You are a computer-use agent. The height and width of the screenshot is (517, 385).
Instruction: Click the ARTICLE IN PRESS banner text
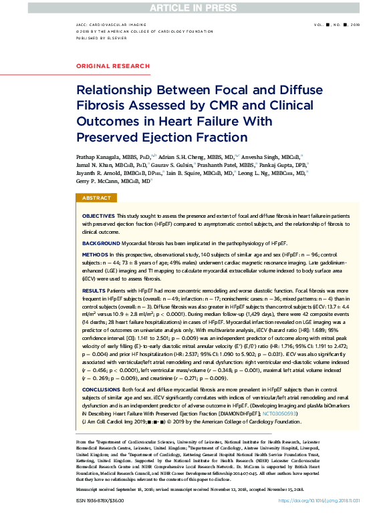point(192,7)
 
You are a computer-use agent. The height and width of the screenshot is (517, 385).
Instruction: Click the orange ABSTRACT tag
point(97,198)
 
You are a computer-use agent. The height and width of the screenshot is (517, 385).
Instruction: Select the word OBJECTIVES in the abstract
point(98,217)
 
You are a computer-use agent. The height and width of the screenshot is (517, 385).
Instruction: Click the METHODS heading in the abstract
point(94,255)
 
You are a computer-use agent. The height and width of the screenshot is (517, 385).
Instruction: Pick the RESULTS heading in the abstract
point(94,291)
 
